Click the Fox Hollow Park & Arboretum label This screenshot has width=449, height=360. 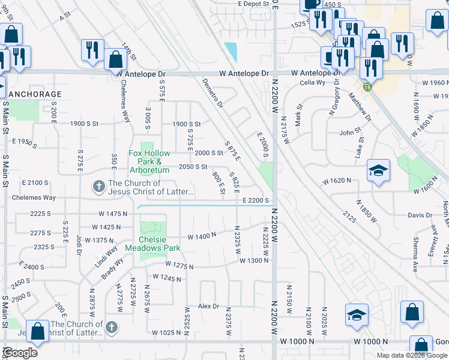146,157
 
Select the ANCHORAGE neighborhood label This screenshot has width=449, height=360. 34,94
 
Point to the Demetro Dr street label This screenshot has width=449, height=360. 212,93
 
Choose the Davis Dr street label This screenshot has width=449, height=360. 420,215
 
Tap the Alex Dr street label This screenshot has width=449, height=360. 209,306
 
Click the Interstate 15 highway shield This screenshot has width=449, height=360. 367,87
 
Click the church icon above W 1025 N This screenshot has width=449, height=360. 112,327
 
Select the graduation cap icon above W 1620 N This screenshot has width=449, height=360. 379,170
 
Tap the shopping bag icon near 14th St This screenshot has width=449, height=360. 115,59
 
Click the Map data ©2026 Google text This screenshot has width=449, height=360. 411,355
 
